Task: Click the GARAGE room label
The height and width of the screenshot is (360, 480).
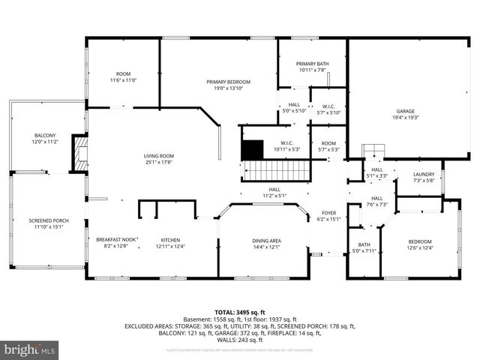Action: click(405, 111)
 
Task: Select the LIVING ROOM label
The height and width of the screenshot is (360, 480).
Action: click(159, 156)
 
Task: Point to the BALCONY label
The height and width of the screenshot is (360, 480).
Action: click(44, 135)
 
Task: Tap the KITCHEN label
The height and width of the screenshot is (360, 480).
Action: click(169, 239)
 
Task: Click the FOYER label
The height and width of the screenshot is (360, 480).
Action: click(328, 212)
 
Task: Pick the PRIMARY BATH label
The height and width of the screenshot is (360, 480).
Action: click(311, 64)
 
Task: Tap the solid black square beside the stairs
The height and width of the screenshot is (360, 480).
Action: click(253, 149)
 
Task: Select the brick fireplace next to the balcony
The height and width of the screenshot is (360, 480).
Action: click(79, 153)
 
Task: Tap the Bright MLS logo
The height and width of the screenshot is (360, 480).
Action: click(30, 349)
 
